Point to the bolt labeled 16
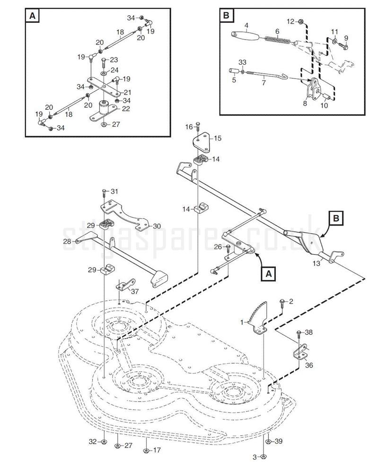coord(199,127)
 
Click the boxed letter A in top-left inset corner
coord(32,16)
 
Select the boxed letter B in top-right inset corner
coord(227,16)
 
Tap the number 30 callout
coord(156,226)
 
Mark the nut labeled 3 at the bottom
coord(264,457)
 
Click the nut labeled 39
coord(268,442)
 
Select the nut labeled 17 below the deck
coord(146,451)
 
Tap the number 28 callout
coord(67,241)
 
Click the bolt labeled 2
coord(282,302)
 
